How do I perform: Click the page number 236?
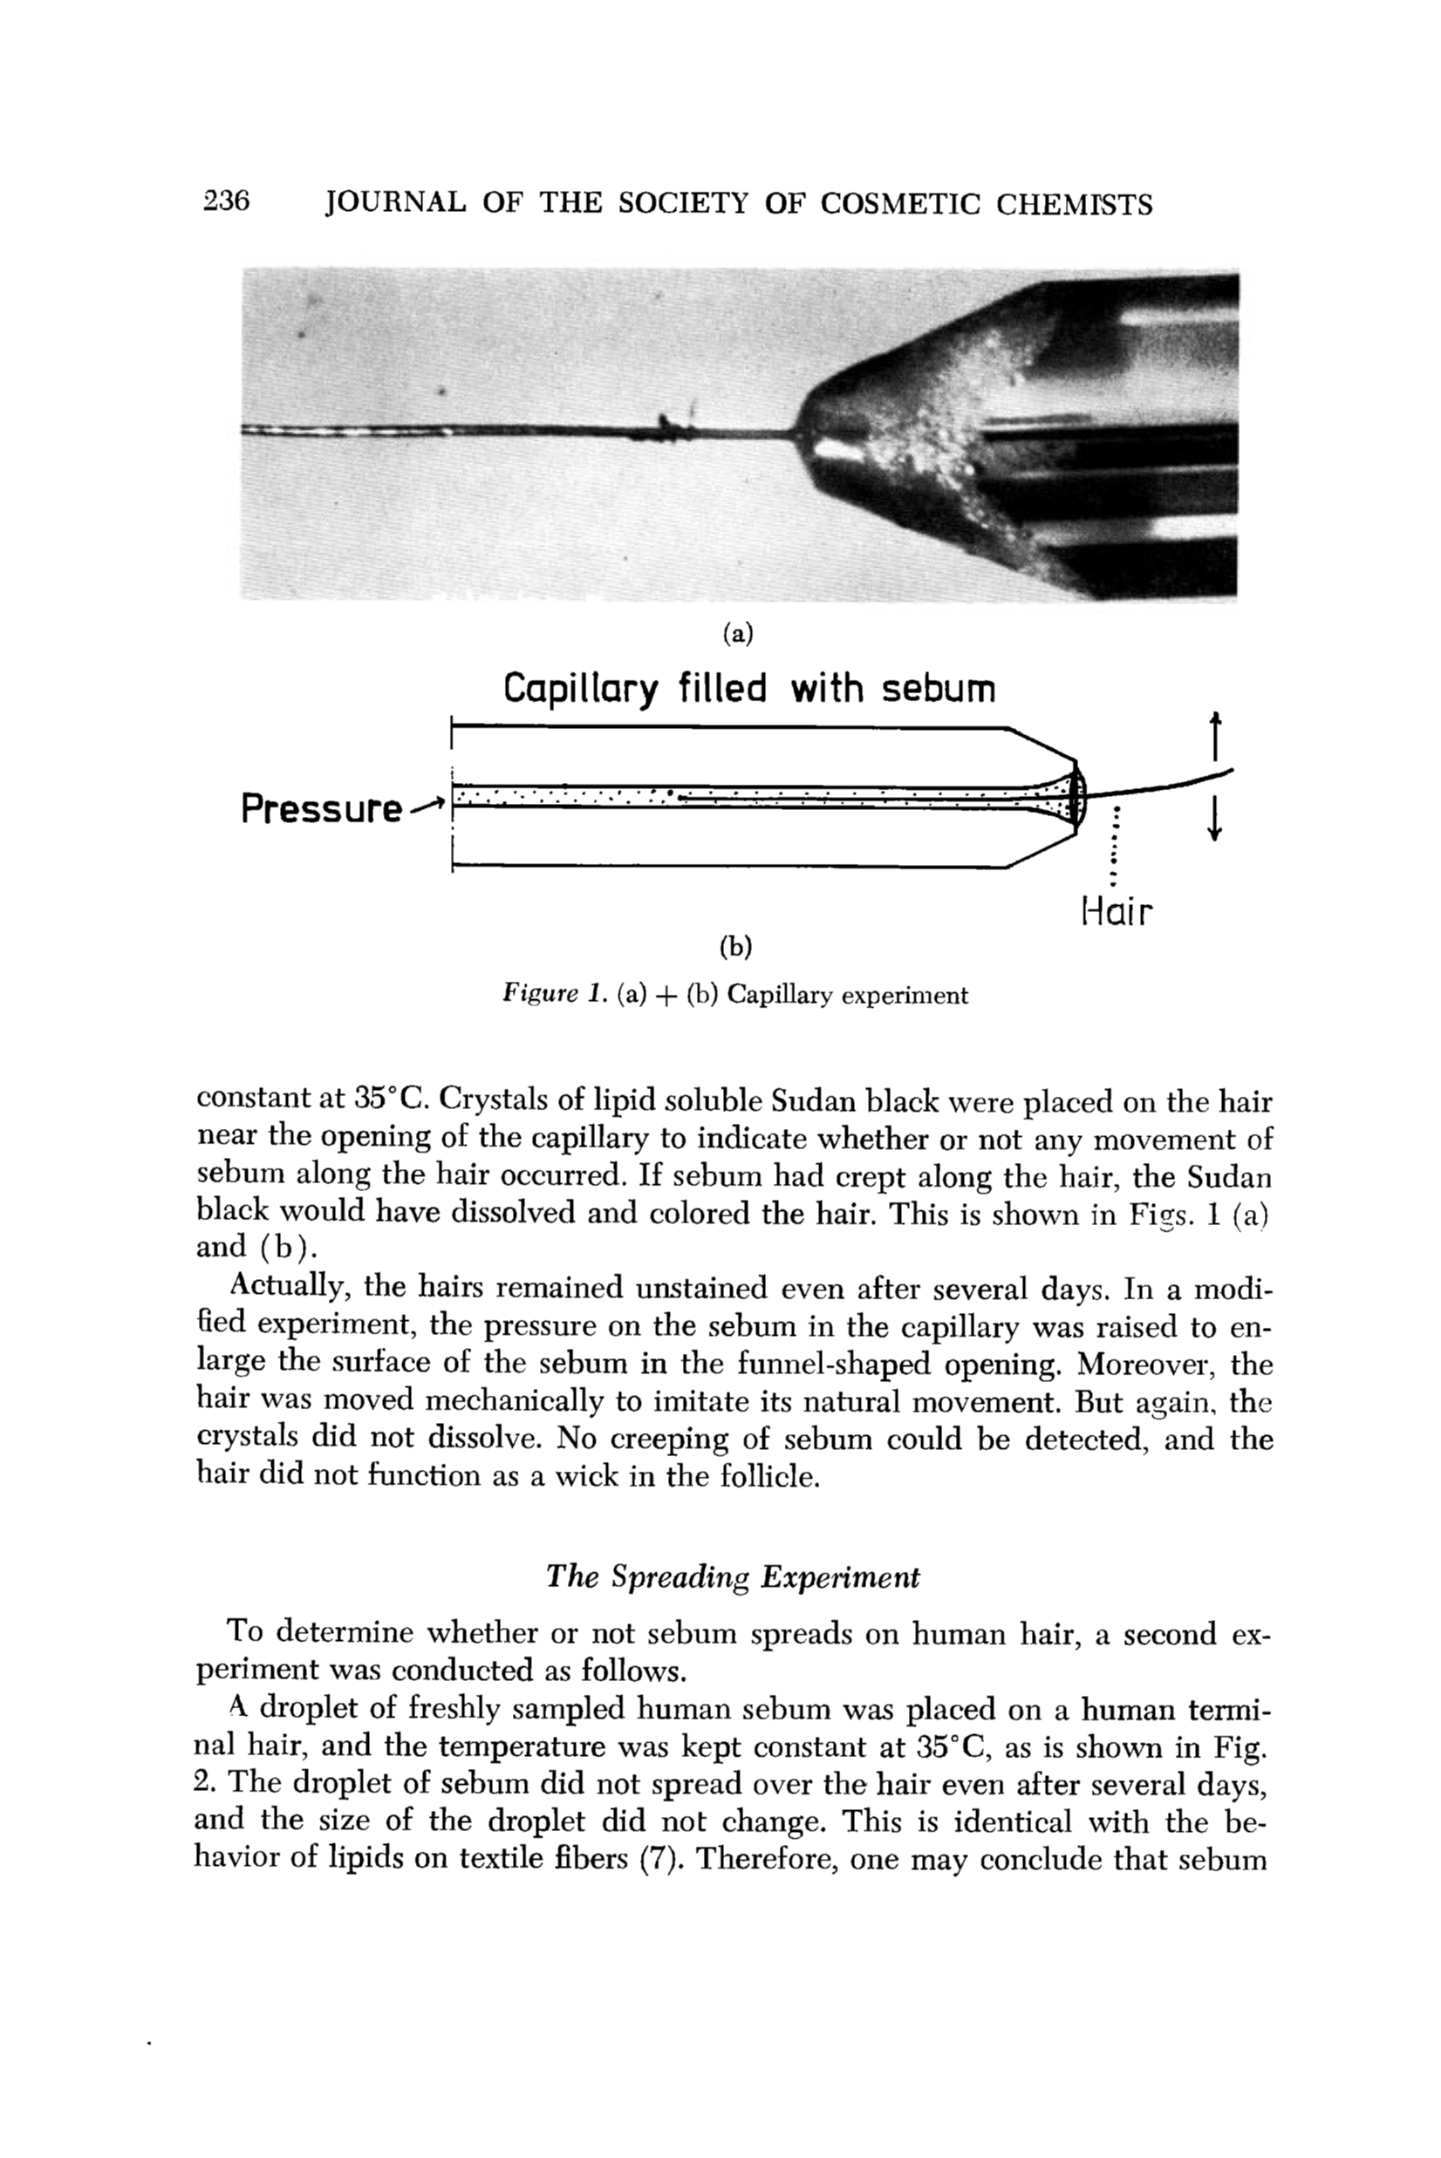(x=226, y=201)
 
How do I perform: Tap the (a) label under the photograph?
(x=737, y=632)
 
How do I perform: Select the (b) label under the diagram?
(x=736, y=946)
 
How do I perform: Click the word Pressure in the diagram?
(x=321, y=809)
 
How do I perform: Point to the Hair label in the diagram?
(x=1116, y=911)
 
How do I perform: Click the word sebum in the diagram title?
(x=939, y=688)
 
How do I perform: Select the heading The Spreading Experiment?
(x=733, y=1576)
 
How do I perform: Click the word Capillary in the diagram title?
(x=580, y=690)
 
